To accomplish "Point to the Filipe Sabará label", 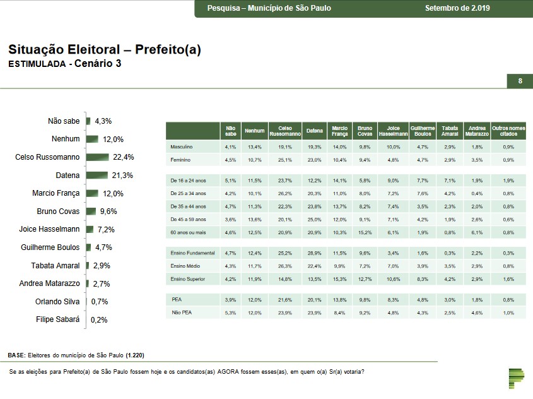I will click(x=58, y=319).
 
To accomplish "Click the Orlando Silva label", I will click(x=57, y=302).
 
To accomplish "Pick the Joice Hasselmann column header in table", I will click(x=393, y=131).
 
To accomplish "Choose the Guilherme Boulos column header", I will click(x=423, y=131).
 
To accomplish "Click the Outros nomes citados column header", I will click(x=508, y=131).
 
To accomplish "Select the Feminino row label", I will click(x=180, y=160).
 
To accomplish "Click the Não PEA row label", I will click(x=182, y=313).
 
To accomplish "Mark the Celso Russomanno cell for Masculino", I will click(x=285, y=147).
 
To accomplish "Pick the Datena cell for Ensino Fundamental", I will click(x=314, y=253).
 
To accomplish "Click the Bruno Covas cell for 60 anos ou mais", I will click(x=365, y=233).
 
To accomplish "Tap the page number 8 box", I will click(x=520, y=81).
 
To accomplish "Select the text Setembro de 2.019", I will click(x=457, y=8).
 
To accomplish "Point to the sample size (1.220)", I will click(x=139, y=355).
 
